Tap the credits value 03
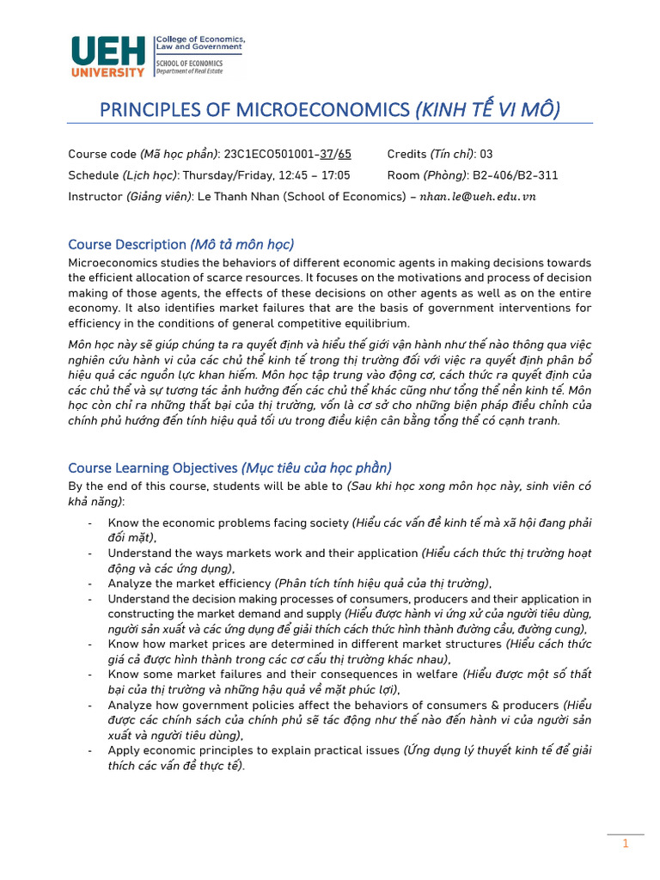tap(486, 154)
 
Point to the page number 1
tap(626, 844)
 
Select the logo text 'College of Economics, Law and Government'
tap(200, 44)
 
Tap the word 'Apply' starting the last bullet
tap(124, 749)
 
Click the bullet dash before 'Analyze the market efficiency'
tap(91, 583)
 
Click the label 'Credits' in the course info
tap(407, 154)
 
